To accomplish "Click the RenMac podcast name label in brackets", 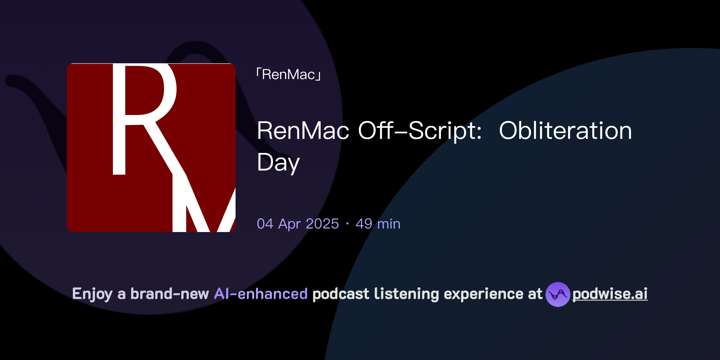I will click(x=288, y=75).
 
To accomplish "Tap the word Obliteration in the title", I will click(x=565, y=131).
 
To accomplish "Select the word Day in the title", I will click(x=278, y=163).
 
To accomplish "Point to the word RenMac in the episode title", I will click(x=303, y=131).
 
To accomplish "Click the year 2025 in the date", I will click(x=322, y=224).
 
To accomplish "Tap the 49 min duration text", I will click(x=378, y=224).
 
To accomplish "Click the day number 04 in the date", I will click(x=265, y=224).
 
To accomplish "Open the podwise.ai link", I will click(x=610, y=294).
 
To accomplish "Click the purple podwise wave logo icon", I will click(x=558, y=294).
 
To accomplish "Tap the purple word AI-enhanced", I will click(x=261, y=294).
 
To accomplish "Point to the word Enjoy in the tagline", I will click(x=92, y=294).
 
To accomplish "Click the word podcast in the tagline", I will click(x=341, y=294).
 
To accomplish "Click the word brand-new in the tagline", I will click(x=169, y=294).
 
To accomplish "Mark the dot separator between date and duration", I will click(x=347, y=224).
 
